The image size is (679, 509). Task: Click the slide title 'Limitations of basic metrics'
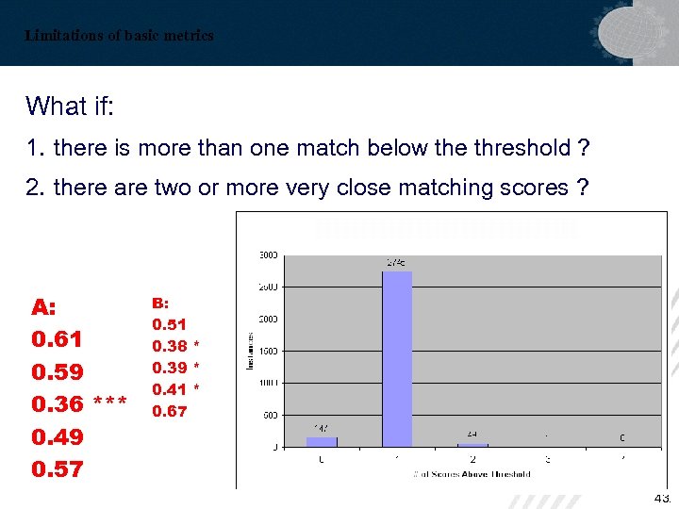tap(120, 36)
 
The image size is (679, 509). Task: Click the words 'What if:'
tap(70, 106)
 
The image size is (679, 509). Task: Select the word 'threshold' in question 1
tap(522, 148)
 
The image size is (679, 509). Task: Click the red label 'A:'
tap(44, 307)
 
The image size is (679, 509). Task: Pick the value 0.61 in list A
tap(58, 339)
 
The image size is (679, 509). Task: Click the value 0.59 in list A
tap(58, 371)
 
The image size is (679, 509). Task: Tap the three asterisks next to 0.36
tap(110, 404)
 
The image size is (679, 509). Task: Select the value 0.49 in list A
tap(58, 436)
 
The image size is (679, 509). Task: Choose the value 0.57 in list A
tap(58, 468)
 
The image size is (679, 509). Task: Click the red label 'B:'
tap(161, 303)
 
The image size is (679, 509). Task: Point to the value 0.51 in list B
tap(170, 324)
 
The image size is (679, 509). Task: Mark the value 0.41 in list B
tap(170, 388)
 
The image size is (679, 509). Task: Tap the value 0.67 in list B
tap(170, 411)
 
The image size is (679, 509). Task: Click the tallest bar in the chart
tap(397, 358)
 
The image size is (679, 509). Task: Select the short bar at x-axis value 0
tap(322, 441)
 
